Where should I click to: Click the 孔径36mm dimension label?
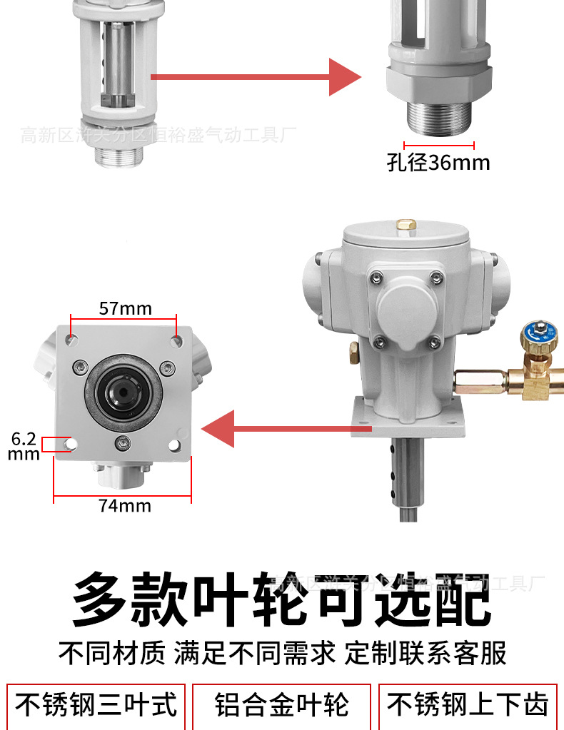point(438,163)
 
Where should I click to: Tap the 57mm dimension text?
point(126,308)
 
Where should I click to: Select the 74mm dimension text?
point(125,506)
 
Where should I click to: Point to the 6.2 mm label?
point(23,445)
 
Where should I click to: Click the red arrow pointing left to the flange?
point(286,429)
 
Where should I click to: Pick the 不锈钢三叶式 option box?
point(96,706)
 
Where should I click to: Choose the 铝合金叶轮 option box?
point(282,706)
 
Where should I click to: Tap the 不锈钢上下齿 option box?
point(468,706)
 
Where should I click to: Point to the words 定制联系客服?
point(426,652)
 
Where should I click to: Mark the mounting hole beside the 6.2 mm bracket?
point(70,445)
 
